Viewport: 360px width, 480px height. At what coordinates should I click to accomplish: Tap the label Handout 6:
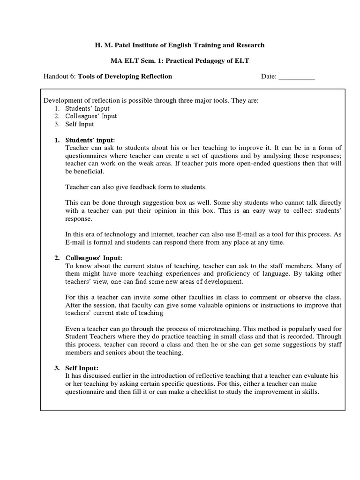click(x=60, y=76)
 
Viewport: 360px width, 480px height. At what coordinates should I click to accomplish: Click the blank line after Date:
click(x=297, y=76)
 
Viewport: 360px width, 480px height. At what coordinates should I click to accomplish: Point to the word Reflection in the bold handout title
click(x=155, y=76)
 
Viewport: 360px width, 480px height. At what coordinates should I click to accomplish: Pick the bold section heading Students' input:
click(x=90, y=140)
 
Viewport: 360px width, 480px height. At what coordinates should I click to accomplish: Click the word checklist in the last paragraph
click(x=208, y=392)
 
